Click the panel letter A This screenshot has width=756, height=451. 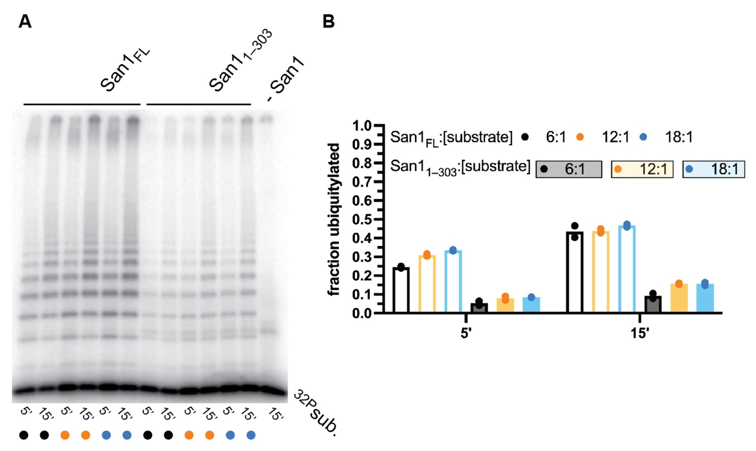pos(25,22)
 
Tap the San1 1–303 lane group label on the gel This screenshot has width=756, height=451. pos(240,61)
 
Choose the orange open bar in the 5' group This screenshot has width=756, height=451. pos(427,284)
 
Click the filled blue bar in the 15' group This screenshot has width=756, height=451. pos(705,298)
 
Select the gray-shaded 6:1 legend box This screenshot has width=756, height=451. pos(569,169)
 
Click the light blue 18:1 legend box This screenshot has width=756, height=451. pos(713,169)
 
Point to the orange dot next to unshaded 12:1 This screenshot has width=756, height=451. pos(580,137)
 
